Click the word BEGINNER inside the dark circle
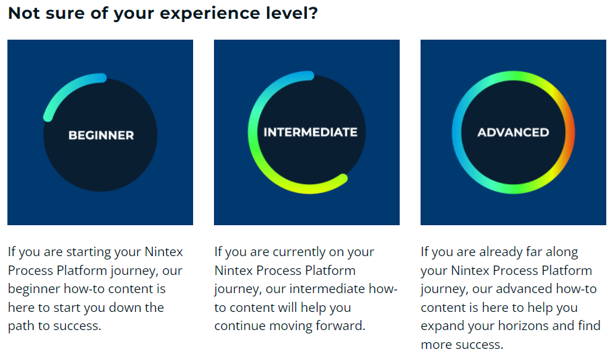(x=101, y=135)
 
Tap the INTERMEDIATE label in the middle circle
(x=310, y=132)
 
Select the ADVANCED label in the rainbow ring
(x=513, y=132)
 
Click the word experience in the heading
(x=210, y=13)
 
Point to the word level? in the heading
(x=292, y=13)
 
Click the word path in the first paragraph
(x=21, y=326)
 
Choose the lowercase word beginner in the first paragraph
(x=34, y=288)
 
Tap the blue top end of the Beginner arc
(x=102, y=78)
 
